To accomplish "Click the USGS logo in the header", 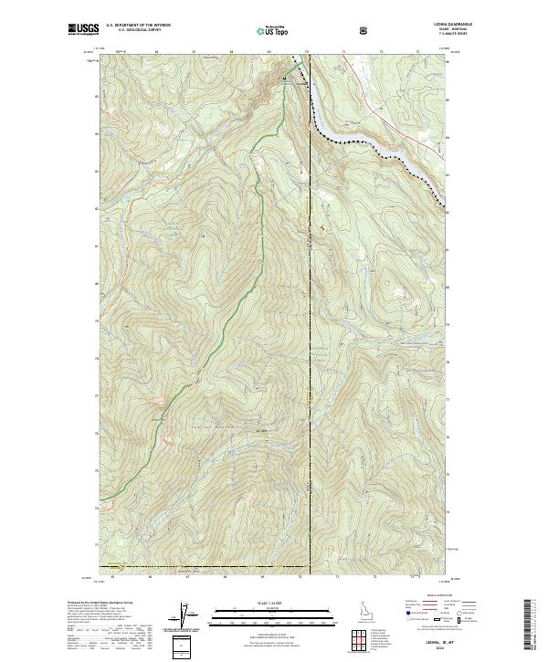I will pyautogui.click(x=83, y=30).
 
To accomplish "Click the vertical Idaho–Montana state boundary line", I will pyautogui.click(x=310, y=365).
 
